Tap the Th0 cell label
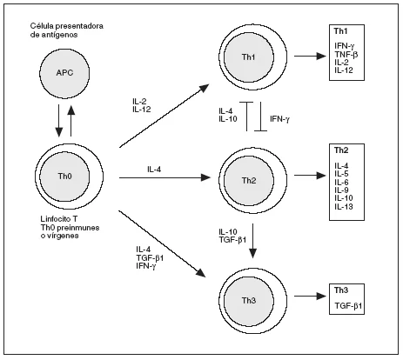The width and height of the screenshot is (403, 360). pos(64,176)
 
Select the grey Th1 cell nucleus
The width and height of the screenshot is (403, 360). pos(249,57)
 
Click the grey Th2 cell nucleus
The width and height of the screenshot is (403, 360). pos(249,181)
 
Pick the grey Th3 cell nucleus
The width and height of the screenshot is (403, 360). pos(249,301)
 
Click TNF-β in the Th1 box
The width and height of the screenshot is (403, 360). pos(346,55)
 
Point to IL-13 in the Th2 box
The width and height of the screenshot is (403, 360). pos(344,207)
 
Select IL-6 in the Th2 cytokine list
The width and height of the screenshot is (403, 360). pos(341,183)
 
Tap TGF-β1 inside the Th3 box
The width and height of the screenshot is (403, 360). pos(348,306)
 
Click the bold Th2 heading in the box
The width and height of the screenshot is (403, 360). pos(341,150)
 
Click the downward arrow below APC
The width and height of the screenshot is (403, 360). pos(59,121)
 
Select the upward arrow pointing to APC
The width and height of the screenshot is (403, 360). pos(71,120)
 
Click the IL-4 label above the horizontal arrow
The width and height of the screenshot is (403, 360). pos(154,170)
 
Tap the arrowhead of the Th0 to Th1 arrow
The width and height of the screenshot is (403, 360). pos(204,88)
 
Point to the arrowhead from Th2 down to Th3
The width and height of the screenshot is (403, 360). pos(252,253)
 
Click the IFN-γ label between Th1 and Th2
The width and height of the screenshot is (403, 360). pos(280,119)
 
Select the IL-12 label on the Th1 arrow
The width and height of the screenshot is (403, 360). pos(142,109)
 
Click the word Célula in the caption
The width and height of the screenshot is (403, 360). pos(42,26)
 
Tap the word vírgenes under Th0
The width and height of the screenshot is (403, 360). pos(63,236)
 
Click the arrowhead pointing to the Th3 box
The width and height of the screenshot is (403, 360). pos(321,296)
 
